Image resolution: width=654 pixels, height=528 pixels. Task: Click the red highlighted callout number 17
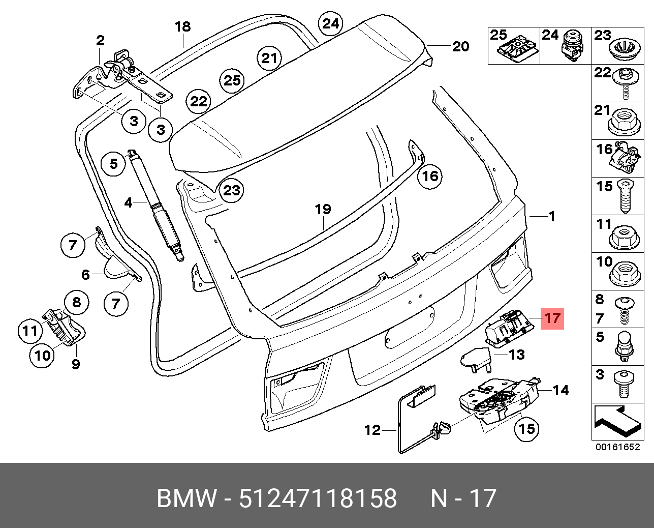pyautogui.click(x=552, y=318)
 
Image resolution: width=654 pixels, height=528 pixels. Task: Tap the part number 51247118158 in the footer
pyautogui.click(x=317, y=498)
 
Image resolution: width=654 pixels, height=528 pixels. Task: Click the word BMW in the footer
pyautogui.click(x=186, y=498)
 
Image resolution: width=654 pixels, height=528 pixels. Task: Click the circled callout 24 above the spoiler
pyautogui.click(x=330, y=24)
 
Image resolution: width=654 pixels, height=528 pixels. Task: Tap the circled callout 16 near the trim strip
pyautogui.click(x=430, y=176)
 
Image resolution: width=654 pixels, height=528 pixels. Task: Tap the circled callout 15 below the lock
pyautogui.click(x=526, y=429)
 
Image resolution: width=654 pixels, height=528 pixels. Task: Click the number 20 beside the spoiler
pyautogui.click(x=460, y=47)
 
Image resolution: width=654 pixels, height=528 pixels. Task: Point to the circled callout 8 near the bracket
pyautogui.click(x=76, y=303)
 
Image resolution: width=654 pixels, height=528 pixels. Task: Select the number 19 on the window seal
pyautogui.click(x=323, y=209)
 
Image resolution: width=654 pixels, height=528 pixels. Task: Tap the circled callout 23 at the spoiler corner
pyautogui.click(x=231, y=191)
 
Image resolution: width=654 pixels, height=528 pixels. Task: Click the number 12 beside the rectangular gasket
pyautogui.click(x=372, y=430)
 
